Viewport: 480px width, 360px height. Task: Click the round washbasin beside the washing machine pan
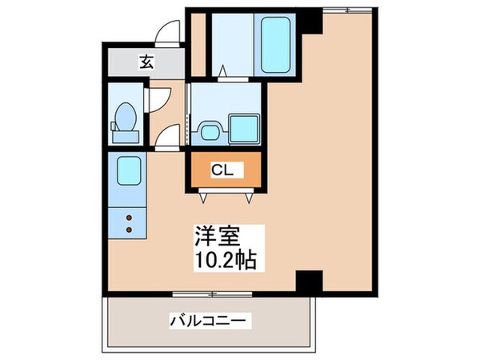coord(210,129)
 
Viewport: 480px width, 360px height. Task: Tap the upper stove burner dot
coord(128,215)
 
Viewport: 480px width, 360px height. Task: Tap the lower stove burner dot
coord(128,230)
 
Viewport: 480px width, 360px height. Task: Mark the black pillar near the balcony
coord(308,281)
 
